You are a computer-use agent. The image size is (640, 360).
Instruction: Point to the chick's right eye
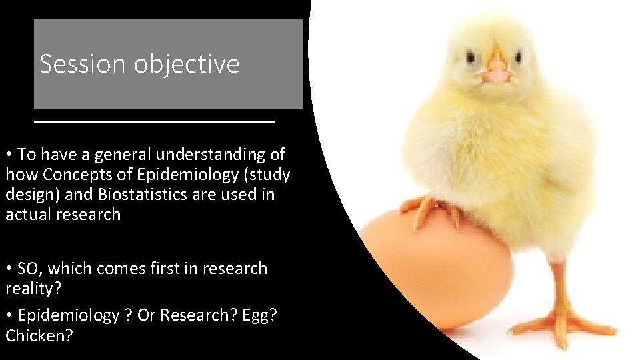(x=472, y=57)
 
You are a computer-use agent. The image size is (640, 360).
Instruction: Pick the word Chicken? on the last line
(x=39, y=335)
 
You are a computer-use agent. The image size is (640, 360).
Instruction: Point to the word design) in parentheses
(x=32, y=195)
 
